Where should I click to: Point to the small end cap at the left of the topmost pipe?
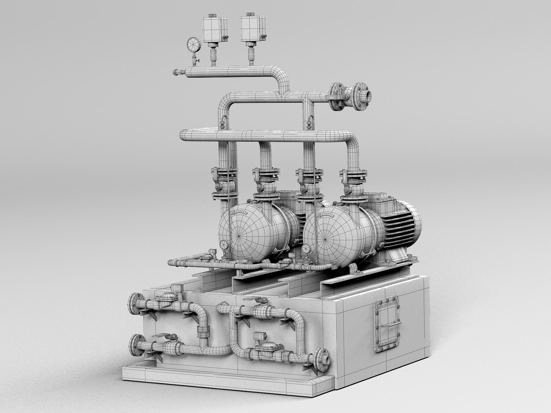pyautogui.click(x=177, y=72)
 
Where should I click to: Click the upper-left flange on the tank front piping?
pyautogui.click(x=134, y=304)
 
